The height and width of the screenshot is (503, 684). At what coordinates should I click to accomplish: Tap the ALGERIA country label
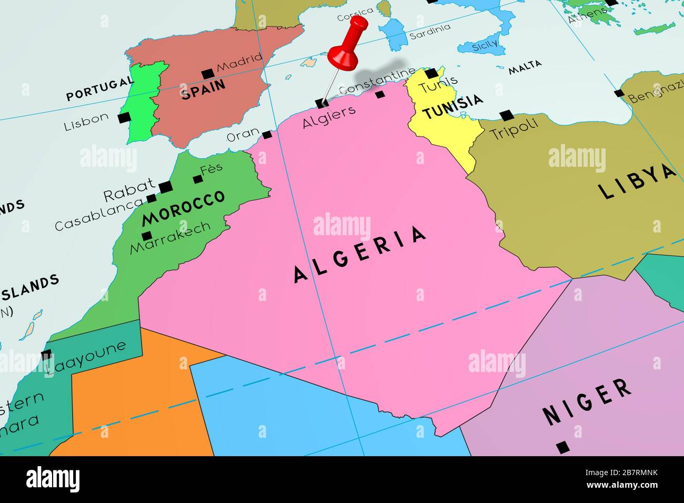coord(360,254)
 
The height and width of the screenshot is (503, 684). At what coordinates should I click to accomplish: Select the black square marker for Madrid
coord(207,74)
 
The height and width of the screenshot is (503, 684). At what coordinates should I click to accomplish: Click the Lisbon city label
coord(86,122)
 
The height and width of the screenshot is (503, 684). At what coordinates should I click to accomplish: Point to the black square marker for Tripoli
coord(506,115)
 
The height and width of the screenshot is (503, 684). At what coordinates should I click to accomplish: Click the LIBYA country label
coord(637,182)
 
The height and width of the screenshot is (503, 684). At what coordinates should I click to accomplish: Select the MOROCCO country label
coord(183,207)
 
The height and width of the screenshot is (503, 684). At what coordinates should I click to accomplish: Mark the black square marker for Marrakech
coord(147,236)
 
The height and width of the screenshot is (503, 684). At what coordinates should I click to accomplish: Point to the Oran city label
coord(243,135)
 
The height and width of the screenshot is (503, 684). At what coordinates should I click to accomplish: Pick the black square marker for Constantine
coord(380,95)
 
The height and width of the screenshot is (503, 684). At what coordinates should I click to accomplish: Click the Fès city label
coord(211,169)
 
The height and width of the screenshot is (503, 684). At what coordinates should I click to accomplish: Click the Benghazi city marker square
coord(619,94)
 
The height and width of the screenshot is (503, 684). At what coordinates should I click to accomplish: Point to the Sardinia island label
coord(430,31)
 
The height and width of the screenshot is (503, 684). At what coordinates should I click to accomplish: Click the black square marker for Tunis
coord(431,73)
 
